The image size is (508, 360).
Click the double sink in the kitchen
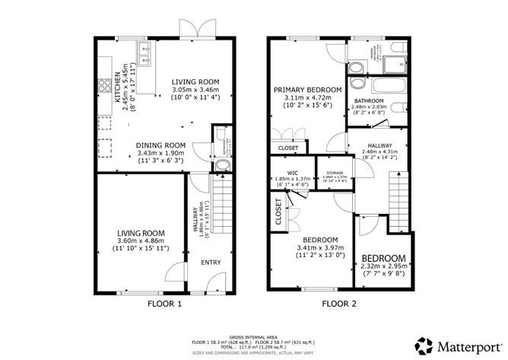pyautogui.click(x=144, y=51)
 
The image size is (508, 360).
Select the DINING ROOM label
pyautogui.click(x=160, y=145)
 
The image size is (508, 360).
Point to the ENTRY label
pyautogui.click(x=210, y=263)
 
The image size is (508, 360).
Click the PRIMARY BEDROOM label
pyautogui.click(x=307, y=89)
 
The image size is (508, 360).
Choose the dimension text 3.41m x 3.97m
pyautogui.click(x=317, y=247)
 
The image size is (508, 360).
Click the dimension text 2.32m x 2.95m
pyautogui.click(x=384, y=267)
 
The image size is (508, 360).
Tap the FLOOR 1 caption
pyautogui.click(x=164, y=304)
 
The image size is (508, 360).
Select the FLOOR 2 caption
pyautogui.click(x=339, y=304)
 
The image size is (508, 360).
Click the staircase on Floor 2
pyautogui.click(x=399, y=199)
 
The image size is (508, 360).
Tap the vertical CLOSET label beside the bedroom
pyautogui.click(x=278, y=213)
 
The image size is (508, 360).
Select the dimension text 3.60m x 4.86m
pyautogui.click(x=141, y=241)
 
